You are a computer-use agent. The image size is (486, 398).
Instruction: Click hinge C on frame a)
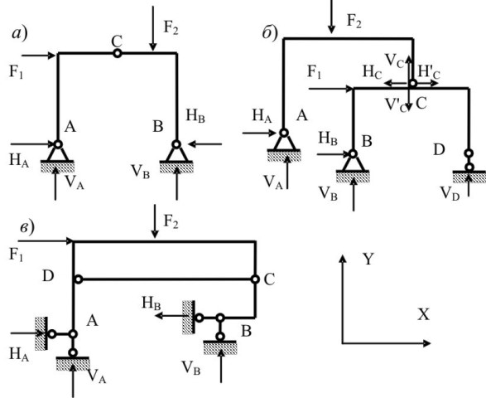(x=117, y=53)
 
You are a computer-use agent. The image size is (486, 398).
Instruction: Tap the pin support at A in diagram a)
(x=57, y=156)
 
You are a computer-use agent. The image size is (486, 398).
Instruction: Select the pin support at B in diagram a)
(x=176, y=156)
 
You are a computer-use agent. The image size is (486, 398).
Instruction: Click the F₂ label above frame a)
(x=171, y=27)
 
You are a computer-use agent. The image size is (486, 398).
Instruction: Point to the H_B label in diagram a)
(x=195, y=116)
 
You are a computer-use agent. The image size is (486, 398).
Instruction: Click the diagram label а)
(x=20, y=33)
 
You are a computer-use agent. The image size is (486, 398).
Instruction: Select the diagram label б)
(x=270, y=33)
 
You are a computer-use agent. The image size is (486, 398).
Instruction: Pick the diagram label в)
(x=27, y=228)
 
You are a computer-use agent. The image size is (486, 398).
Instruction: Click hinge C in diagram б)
(x=412, y=83)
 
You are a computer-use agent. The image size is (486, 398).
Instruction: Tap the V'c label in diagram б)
(x=396, y=104)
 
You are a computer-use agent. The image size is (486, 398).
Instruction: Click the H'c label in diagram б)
(x=429, y=72)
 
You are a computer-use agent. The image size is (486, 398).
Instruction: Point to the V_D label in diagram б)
(x=450, y=194)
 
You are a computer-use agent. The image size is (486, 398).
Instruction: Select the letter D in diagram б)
(x=439, y=150)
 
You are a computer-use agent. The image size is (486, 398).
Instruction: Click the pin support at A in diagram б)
(x=284, y=145)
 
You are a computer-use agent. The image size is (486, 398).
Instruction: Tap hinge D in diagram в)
(x=79, y=279)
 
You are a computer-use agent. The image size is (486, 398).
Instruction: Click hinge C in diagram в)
(x=255, y=279)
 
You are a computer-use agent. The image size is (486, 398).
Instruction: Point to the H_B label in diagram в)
(x=152, y=303)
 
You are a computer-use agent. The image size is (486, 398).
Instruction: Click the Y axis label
(x=368, y=259)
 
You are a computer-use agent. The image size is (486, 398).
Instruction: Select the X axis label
(x=423, y=315)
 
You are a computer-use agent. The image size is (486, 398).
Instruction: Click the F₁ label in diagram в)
(x=17, y=255)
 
